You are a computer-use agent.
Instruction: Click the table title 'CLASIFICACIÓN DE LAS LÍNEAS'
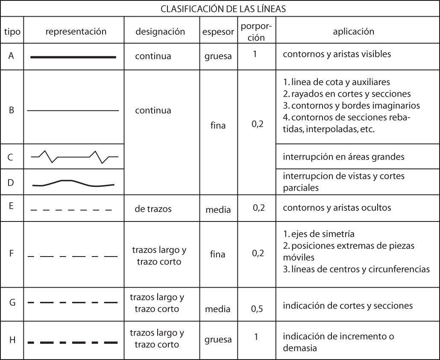(x=220, y=9)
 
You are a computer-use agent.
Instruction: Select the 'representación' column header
(x=76, y=31)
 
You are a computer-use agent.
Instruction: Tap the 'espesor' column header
(x=218, y=32)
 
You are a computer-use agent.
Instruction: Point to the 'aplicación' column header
(x=353, y=31)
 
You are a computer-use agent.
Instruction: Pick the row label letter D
(x=11, y=182)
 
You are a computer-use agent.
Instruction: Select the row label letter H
(x=12, y=340)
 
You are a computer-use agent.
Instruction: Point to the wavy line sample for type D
(x=73, y=183)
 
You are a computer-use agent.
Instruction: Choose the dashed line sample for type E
(x=71, y=210)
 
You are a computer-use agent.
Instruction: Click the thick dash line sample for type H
(x=73, y=342)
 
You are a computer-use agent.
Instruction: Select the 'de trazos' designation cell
(x=153, y=209)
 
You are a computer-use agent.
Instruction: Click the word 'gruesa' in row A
(x=218, y=56)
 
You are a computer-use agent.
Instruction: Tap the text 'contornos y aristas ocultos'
(x=337, y=208)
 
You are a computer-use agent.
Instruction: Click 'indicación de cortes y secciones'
(x=348, y=305)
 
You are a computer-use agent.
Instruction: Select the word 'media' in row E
(x=218, y=210)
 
